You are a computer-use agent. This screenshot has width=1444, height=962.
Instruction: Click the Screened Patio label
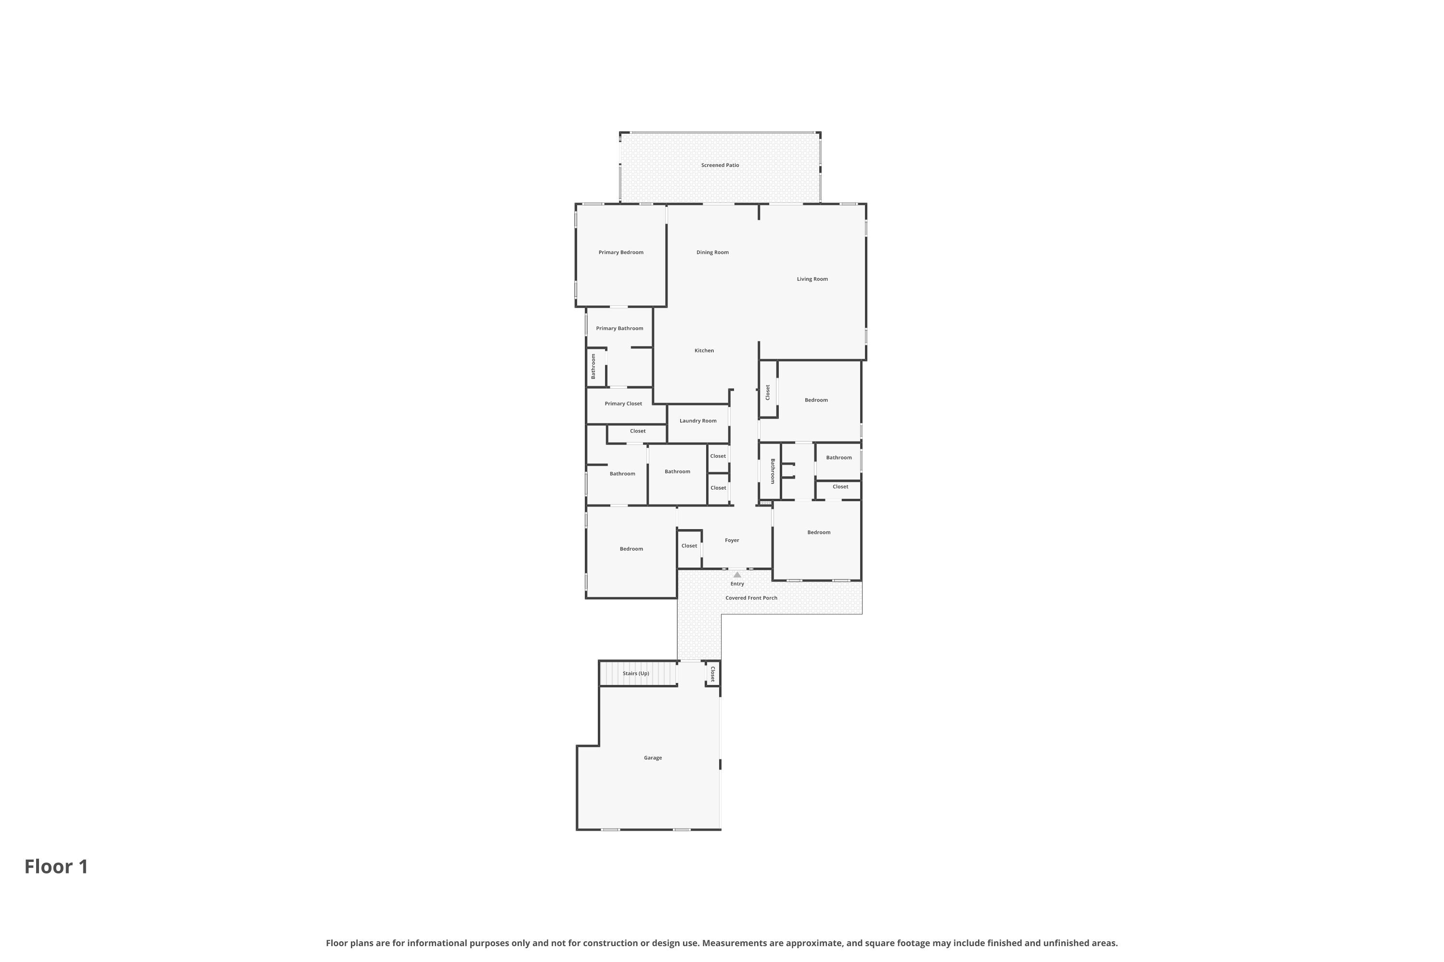[720, 165]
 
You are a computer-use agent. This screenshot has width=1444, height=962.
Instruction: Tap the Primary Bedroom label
[621, 252]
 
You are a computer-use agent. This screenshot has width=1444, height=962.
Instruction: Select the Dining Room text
[712, 252]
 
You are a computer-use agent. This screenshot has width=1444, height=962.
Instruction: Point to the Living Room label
[812, 279]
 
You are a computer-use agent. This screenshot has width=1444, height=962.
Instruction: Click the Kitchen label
[704, 350]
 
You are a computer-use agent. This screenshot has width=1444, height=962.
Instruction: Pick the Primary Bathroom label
[619, 328]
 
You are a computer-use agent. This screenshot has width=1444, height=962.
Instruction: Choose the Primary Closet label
[623, 404]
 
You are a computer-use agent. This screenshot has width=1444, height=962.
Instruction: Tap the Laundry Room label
[698, 421]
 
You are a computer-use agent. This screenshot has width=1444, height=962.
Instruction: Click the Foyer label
[732, 541]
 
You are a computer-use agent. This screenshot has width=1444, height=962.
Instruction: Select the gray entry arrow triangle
[737, 575]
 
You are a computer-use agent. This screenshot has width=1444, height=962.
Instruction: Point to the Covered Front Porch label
[751, 598]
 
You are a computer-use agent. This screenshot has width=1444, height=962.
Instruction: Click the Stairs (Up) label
[636, 674]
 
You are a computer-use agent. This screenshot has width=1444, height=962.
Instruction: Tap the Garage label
[653, 758]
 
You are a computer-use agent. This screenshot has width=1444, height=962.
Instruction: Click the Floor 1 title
[56, 867]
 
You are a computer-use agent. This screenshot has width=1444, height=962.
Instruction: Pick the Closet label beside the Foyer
[689, 546]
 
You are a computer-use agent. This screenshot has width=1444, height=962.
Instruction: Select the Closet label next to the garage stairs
[713, 675]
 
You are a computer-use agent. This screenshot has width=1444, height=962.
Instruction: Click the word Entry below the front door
[737, 584]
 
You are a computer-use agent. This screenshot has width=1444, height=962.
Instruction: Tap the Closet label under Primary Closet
[638, 431]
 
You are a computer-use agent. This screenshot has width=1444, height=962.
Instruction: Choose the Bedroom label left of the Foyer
[631, 549]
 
